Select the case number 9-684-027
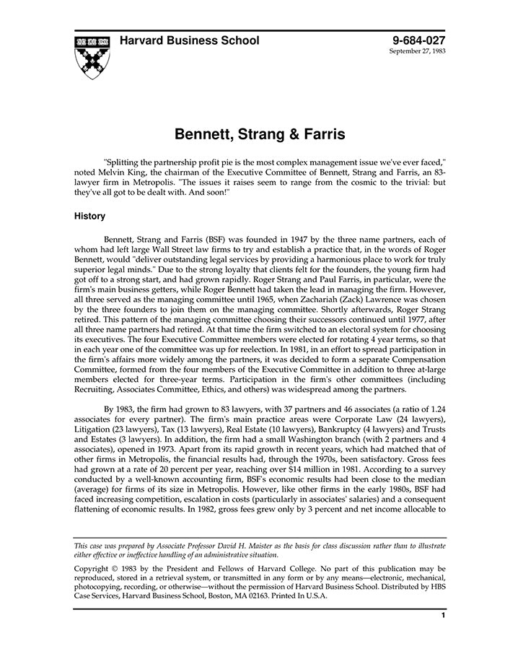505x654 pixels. (418, 40)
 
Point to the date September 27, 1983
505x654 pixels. (418, 52)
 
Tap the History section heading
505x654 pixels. (89, 216)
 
